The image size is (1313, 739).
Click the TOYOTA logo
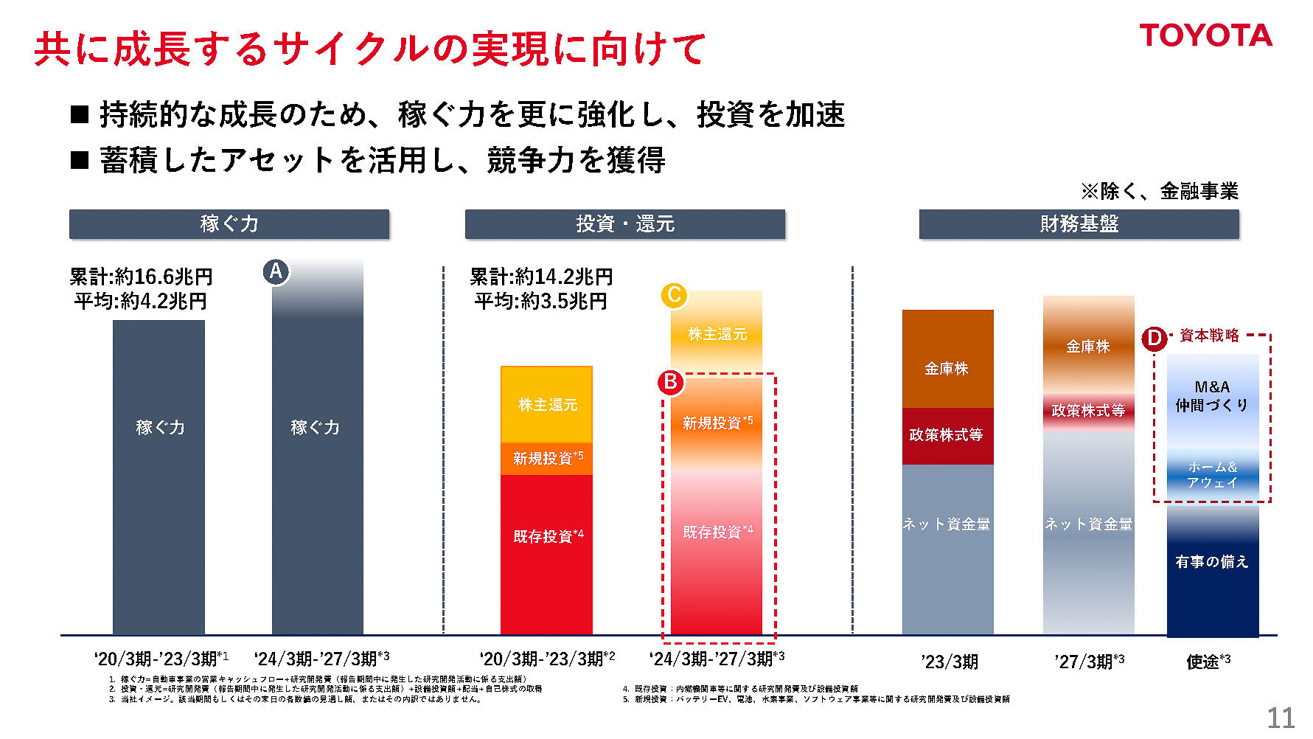1205,35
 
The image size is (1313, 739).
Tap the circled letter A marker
276,271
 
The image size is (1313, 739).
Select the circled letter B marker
671,382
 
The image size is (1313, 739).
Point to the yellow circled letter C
674,296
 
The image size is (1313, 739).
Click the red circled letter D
1154,339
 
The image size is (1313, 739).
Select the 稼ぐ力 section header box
229,224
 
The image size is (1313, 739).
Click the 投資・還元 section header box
624,224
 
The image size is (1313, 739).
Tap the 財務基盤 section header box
1079,224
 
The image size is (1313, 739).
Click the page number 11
1281,718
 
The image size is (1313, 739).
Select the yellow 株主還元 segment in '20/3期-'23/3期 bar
546,404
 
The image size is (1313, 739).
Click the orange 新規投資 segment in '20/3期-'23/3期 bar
546,459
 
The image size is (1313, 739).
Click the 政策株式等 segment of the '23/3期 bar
947,435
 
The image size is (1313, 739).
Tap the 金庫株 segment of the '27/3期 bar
1088,347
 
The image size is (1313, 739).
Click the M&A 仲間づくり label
1212,396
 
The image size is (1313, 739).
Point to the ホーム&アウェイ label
1212,475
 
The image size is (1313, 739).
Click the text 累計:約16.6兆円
141,277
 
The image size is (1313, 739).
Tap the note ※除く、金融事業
1160,192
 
